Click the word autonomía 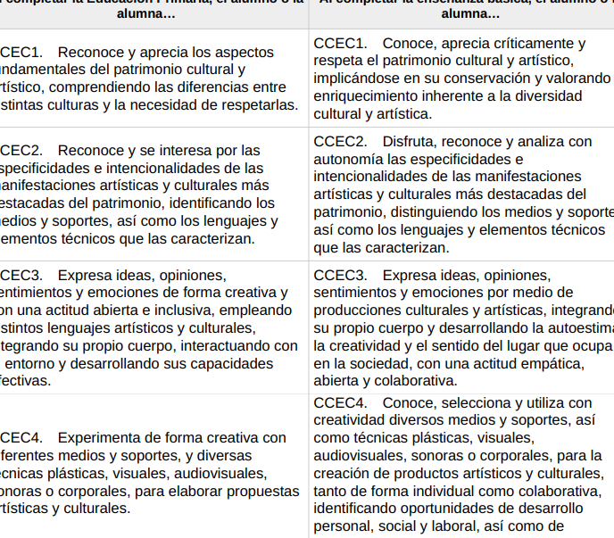(351, 159)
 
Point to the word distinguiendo (476, 211)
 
